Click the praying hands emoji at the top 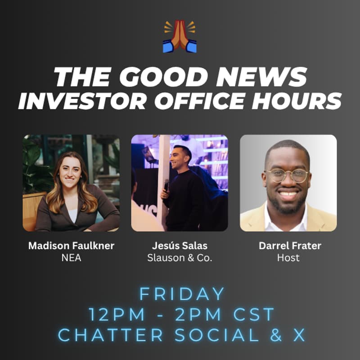(180, 36)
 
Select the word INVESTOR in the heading (81, 101)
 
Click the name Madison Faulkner (71, 246)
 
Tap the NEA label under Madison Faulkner (71, 258)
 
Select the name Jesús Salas (180, 246)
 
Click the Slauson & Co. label (180, 258)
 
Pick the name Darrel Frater (288, 246)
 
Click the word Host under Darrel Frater (288, 258)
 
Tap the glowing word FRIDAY (182, 294)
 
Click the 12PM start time (112, 315)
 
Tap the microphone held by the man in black (166, 184)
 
